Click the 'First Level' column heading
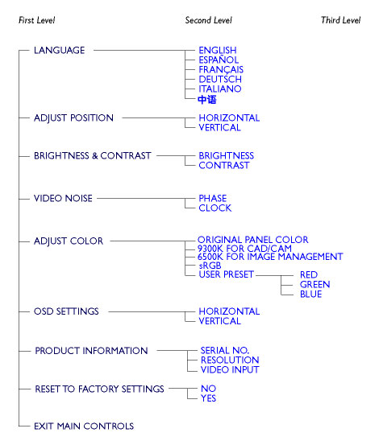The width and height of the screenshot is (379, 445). click(x=36, y=20)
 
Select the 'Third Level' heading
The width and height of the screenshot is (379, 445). click(x=340, y=20)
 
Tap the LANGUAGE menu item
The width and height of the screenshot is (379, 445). click(x=59, y=51)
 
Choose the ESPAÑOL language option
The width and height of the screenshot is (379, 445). click(x=219, y=60)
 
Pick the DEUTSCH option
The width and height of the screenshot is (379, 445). click(x=220, y=79)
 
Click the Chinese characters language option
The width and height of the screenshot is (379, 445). click(x=207, y=100)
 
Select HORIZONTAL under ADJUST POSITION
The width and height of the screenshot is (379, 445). click(x=229, y=117)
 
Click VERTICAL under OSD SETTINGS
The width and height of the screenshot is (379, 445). click(x=219, y=321)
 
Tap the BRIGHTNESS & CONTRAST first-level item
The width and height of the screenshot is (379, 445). click(x=93, y=156)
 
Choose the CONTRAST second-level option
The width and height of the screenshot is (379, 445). click(x=223, y=166)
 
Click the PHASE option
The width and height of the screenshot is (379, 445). click(x=212, y=198)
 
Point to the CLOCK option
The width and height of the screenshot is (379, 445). click(x=215, y=208)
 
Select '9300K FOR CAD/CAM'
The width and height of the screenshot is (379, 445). click(x=244, y=249)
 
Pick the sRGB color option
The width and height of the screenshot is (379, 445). click(x=210, y=266)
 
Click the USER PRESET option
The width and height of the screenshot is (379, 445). click(x=226, y=274)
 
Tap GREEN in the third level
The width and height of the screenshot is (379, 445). click(x=314, y=284)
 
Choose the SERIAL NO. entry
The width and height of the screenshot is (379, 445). click(x=225, y=350)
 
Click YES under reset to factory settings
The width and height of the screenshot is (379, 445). click(x=208, y=398)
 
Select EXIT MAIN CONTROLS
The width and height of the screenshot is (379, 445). click(x=84, y=426)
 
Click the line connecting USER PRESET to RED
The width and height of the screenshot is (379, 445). click(x=274, y=275)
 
